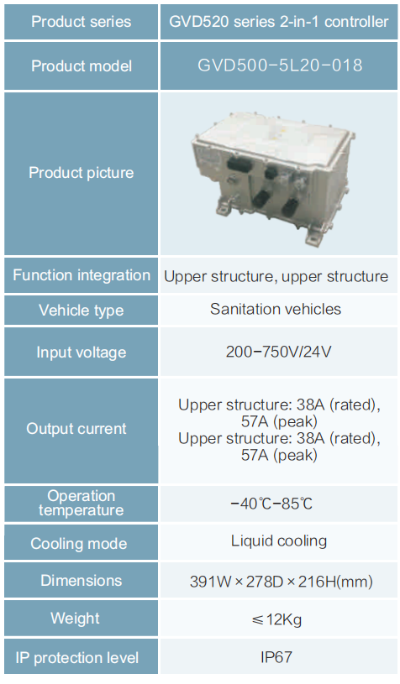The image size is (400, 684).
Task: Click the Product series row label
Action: click(82, 22)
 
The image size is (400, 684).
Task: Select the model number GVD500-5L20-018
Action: click(280, 65)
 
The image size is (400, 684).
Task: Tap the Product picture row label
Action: click(82, 173)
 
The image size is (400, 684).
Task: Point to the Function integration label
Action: click(82, 275)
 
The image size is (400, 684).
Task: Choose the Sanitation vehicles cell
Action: click(276, 309)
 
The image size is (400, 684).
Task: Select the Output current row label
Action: click(76, 428)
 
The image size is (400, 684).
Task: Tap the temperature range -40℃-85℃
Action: click(271, 504)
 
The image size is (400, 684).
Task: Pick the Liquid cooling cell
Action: click(279, 541)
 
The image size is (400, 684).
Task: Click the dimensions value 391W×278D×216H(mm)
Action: click(282, 582)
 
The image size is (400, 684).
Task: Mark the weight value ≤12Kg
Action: click(276, 619)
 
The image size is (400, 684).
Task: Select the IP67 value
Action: click(276, 657)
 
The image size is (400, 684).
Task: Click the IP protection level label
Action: click(76, 658)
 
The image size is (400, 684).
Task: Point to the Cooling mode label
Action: click(79, 544)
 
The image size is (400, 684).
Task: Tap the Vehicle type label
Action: click(82, 311)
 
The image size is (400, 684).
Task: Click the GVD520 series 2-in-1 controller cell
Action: click(279, 22)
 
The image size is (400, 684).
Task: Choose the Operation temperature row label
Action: click(82, 503)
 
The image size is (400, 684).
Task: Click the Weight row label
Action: click(75, 619)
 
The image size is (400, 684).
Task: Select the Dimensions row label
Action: click(82, 581)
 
